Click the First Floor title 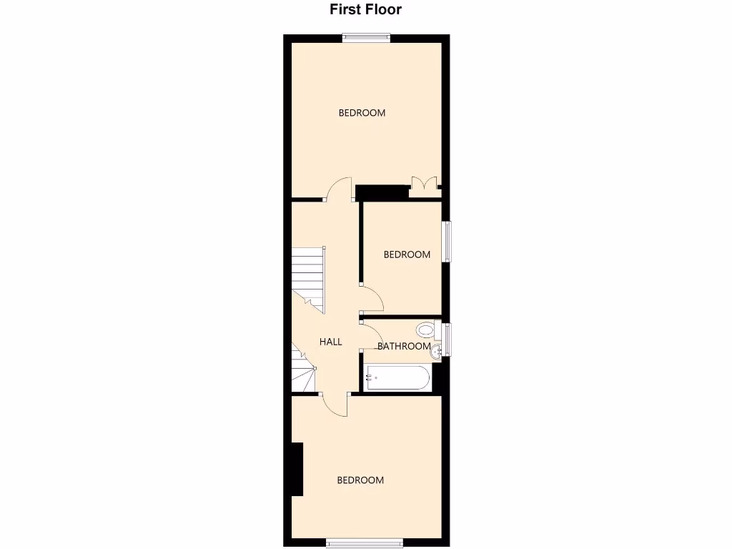[365, 10]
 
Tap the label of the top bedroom [362, 113]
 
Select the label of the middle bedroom [407, 254]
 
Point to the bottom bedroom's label [360, 480]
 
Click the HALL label [330, 342]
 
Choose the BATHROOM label [404, 347]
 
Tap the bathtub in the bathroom [397, 377]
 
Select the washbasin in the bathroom [437, 348]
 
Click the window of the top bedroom [366, 39]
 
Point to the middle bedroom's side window [447, 240]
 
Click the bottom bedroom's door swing [335, 404]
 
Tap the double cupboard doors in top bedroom [423, 184]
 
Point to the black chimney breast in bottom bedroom [297, 469]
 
